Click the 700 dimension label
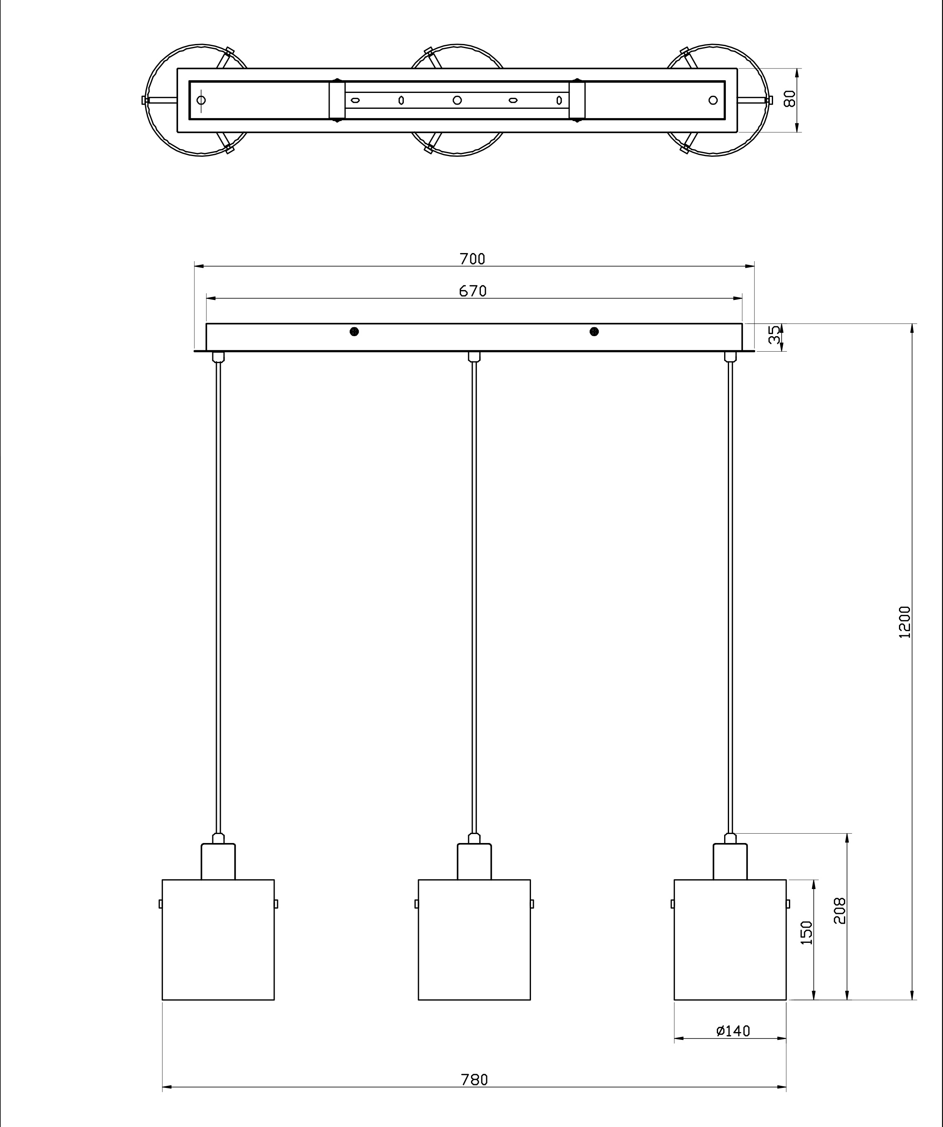tap(472, 259)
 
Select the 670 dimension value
tap(473, 291)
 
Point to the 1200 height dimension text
tap(905, 622)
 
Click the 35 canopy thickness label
tap(774, 335)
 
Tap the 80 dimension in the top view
tap(789, 99)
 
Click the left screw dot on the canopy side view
tap(354, 332)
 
